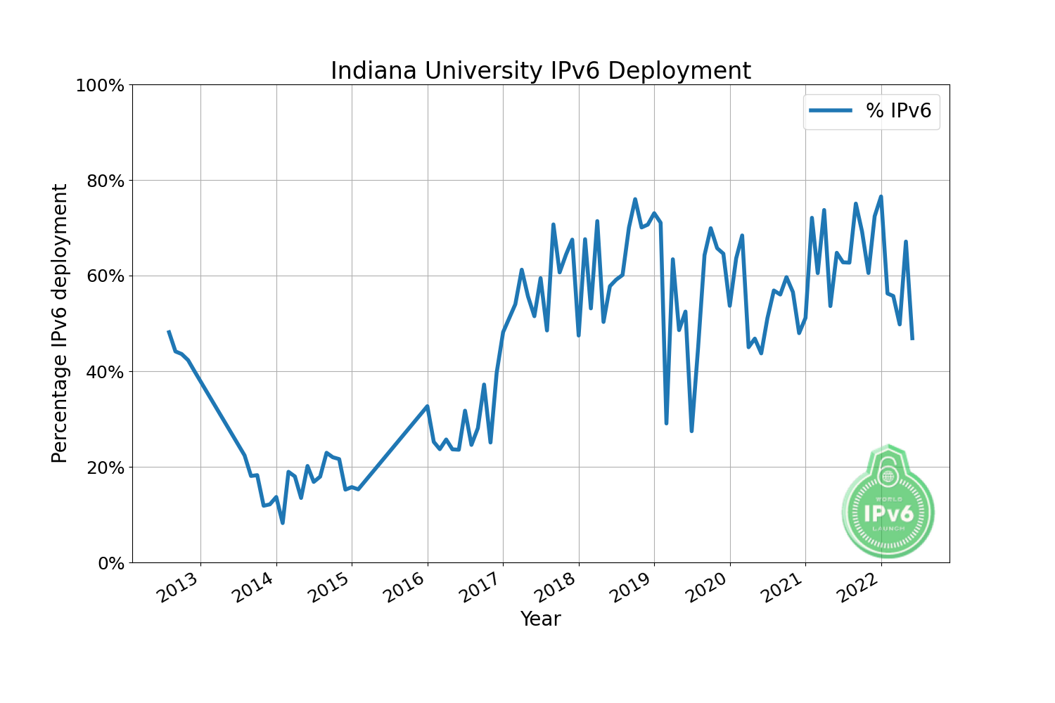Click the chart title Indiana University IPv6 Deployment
click(540, 71)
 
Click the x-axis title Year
click(540, 619)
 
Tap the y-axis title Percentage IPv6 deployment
click(60, 323)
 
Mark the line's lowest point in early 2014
click(282, 522)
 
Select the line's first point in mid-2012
click(168, 331)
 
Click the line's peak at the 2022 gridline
click(881, 197)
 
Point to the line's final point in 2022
click(912, 339)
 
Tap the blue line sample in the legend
click(831, 110)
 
